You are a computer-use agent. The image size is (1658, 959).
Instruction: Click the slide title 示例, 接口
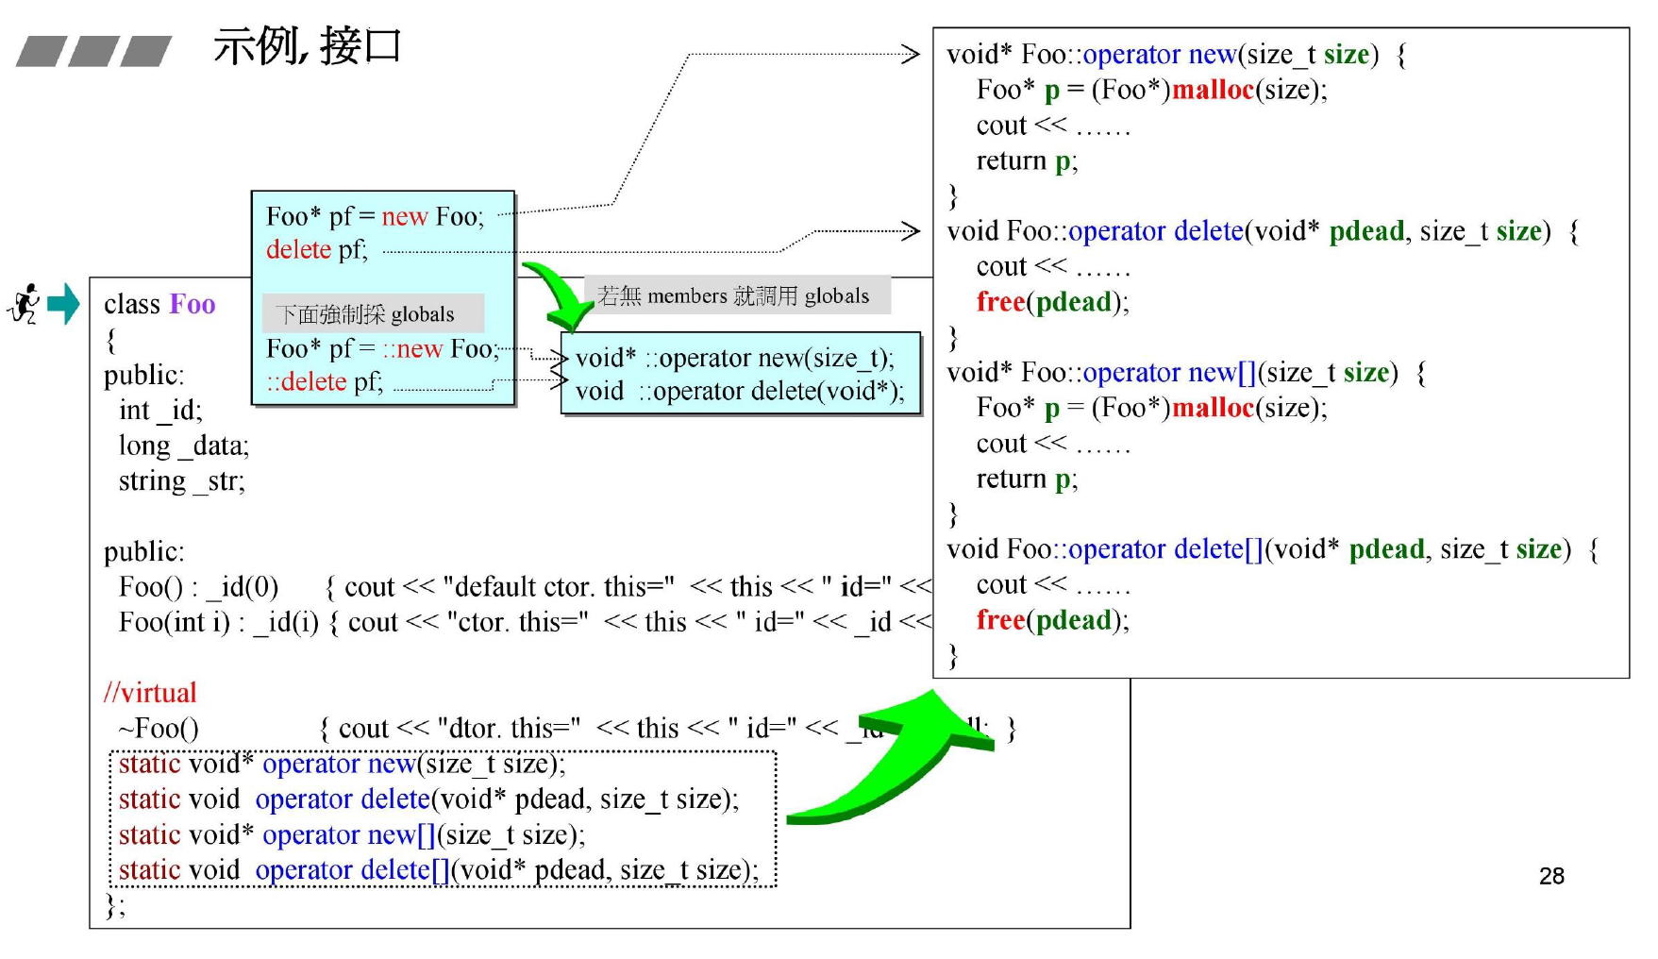point(307,45)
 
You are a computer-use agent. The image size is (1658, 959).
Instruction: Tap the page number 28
point(1550,876)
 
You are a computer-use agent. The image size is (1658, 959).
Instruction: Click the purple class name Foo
point(193,304)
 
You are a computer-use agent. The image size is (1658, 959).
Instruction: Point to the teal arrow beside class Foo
point(63,304)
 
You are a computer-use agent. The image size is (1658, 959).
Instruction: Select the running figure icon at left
point(25,304)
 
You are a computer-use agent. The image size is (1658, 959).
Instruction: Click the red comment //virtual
point(150,693)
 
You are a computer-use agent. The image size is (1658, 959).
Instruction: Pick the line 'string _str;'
point(181,481)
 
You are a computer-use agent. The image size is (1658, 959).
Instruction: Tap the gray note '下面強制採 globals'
point(365,313)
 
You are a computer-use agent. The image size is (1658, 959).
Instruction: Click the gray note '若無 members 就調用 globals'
point(733,295)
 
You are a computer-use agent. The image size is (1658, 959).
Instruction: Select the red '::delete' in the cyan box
point(307,381)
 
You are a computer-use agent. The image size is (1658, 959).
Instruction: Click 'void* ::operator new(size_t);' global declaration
point(735,358)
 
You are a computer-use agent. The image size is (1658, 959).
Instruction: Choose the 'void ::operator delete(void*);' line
point(740,391)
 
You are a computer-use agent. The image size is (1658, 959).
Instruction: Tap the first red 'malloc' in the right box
point(1213,90)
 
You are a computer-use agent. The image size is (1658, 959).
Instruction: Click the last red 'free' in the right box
point(1000,620)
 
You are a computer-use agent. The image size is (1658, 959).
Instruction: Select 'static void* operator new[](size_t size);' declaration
point(351,835)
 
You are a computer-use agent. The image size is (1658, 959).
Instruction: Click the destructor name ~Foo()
point(158,729)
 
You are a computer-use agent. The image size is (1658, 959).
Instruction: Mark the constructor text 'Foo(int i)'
point(175,623)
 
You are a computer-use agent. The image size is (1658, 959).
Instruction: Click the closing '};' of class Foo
point(114,906)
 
